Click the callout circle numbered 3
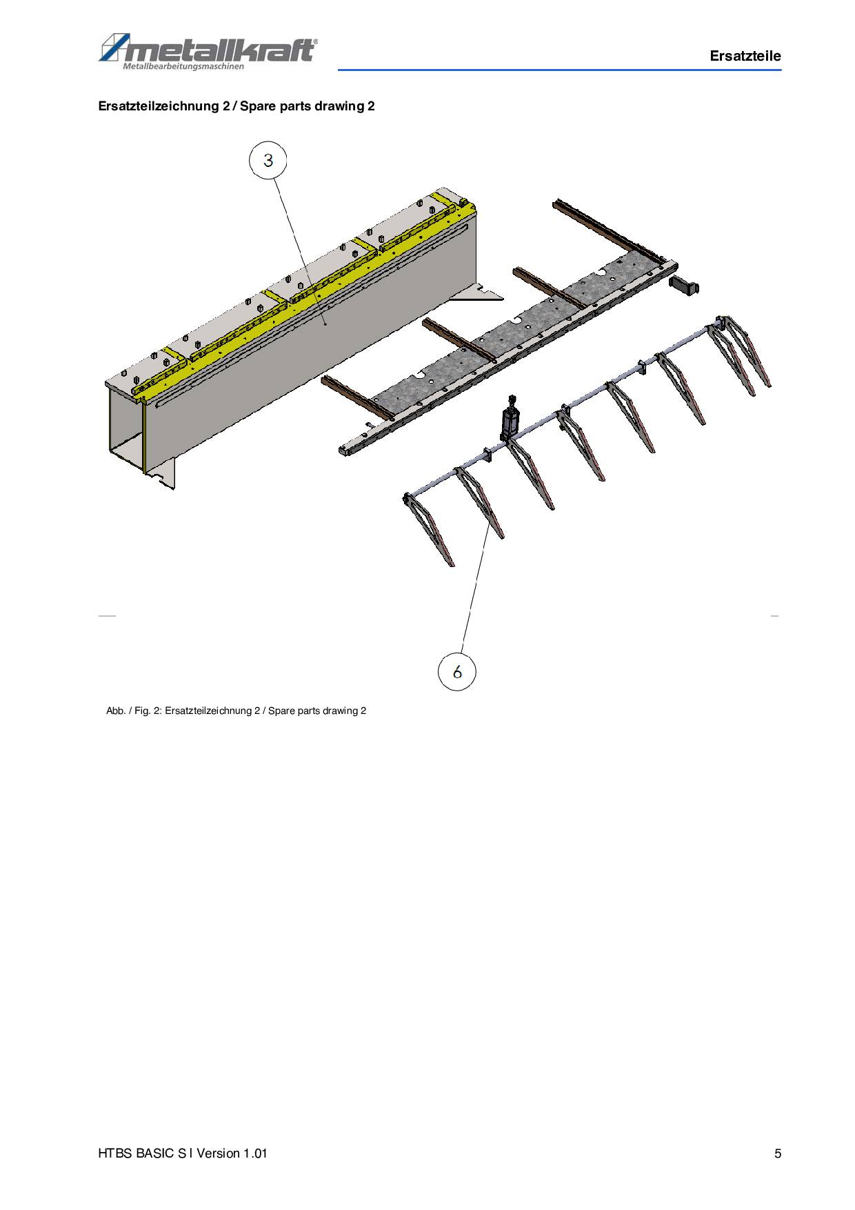tap(268, 160)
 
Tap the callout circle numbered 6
tap(457, 671)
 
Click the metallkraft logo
tap(208, 51)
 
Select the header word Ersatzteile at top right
tap(745, 56)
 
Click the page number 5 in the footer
tap(778, 1153)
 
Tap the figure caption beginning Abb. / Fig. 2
tap(236, 711)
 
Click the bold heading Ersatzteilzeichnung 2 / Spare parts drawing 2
tap(237, 106)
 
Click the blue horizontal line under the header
tap(559, 70)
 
